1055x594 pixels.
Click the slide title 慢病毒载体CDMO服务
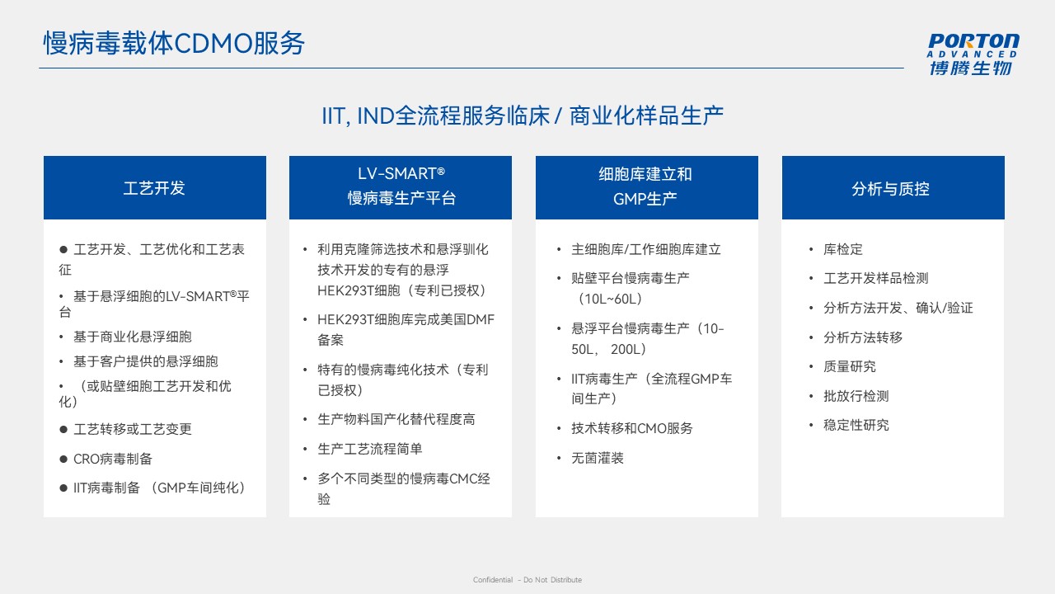pos(174,44)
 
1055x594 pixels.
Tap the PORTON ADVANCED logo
pos(973,54)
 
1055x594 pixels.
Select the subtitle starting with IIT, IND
pos(523,116)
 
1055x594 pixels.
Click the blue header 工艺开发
pos(154,188)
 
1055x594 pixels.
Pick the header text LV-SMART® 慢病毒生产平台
pos(401,186)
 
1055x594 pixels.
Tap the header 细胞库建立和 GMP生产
pos(645,186)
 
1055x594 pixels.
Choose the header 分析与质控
pos(890,189)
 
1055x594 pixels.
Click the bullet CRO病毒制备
pos(113,459)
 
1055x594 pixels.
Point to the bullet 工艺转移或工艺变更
pos(133,429)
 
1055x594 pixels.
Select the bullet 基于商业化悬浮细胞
pos(133,337)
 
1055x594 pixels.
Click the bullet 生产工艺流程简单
pos(370,449)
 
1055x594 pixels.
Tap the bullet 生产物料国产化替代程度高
pos(396,419)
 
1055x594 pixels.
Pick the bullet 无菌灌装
pos(598,458)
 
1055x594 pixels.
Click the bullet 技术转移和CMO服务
pos(632,428)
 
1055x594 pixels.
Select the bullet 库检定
pos(843,249)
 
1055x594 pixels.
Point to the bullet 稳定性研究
pos(856,425)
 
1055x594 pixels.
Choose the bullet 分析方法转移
pos(863,337)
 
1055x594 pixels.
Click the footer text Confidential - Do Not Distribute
pos(527,580)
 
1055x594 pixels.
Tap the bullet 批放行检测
pos(856,396)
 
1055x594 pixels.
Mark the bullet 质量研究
pos(850,366)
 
